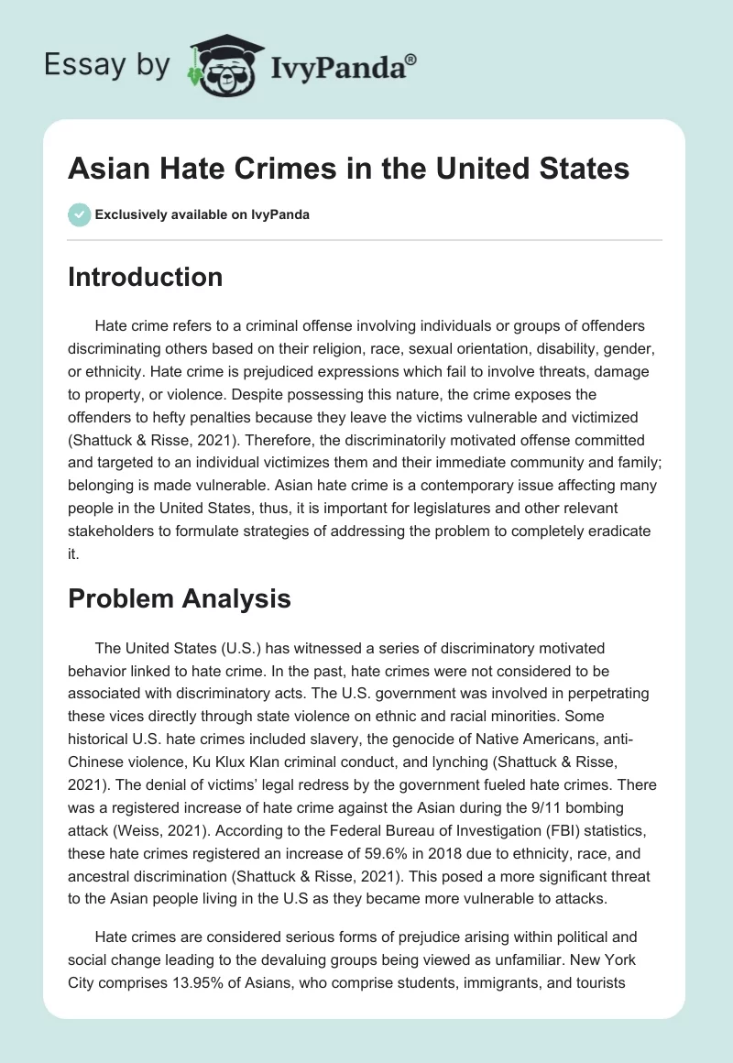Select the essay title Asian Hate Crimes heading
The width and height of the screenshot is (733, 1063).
(348, 170)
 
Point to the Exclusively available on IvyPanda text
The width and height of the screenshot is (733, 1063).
(202, 215)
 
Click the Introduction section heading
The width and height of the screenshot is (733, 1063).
(145, 277)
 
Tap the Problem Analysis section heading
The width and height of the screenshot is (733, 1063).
(179, 598)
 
